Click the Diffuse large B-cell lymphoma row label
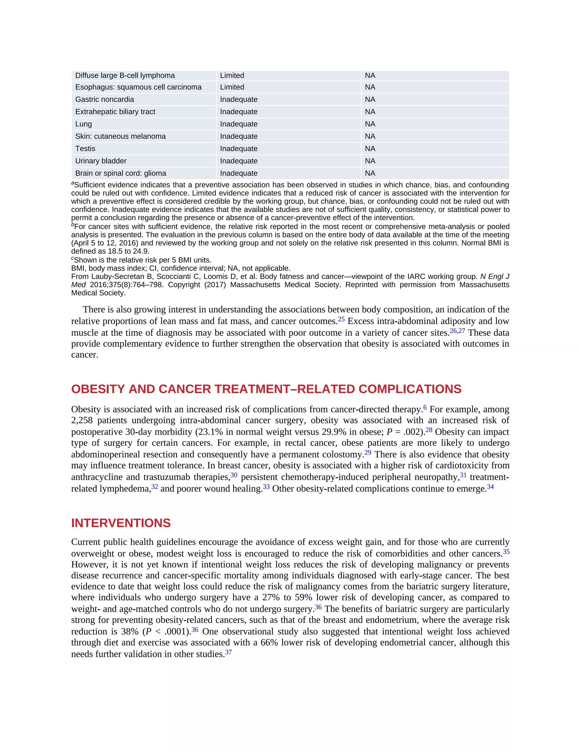[125, 75]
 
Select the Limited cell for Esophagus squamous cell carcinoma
[232, 87]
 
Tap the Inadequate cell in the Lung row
[239, 124]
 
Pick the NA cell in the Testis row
[370, 149]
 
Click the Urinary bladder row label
[101, 161]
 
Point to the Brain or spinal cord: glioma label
[121, 173]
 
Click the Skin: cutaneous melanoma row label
[121, 136]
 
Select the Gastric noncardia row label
[105, 100]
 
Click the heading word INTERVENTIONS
[121, 523]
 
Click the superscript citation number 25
[341, 319]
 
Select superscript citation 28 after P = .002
[429, 430]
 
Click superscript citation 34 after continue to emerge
[490, 486]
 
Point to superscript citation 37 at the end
[228, 652]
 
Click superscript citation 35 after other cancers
[506, 552]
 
